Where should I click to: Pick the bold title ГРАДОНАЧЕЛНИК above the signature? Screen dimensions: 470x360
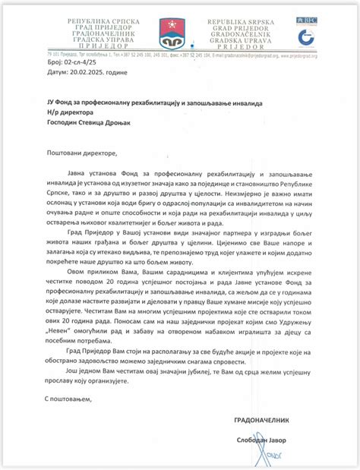point(261,419)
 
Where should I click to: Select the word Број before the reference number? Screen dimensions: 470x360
point(46,74)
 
